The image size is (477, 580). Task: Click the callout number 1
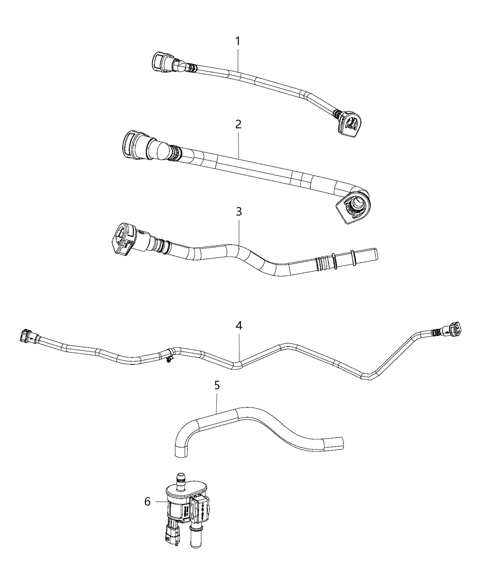pyautogui.click(x=238, y=41)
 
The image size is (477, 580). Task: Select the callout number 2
pyautogui.click(x=238, y=124)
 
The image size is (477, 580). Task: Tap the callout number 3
pyautogui.click(x=239, y=212)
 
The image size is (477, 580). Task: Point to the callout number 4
pyautogui.click(x=239, y=325)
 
